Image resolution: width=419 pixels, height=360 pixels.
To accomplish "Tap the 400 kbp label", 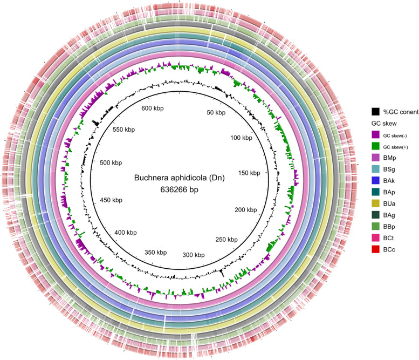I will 128,232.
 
